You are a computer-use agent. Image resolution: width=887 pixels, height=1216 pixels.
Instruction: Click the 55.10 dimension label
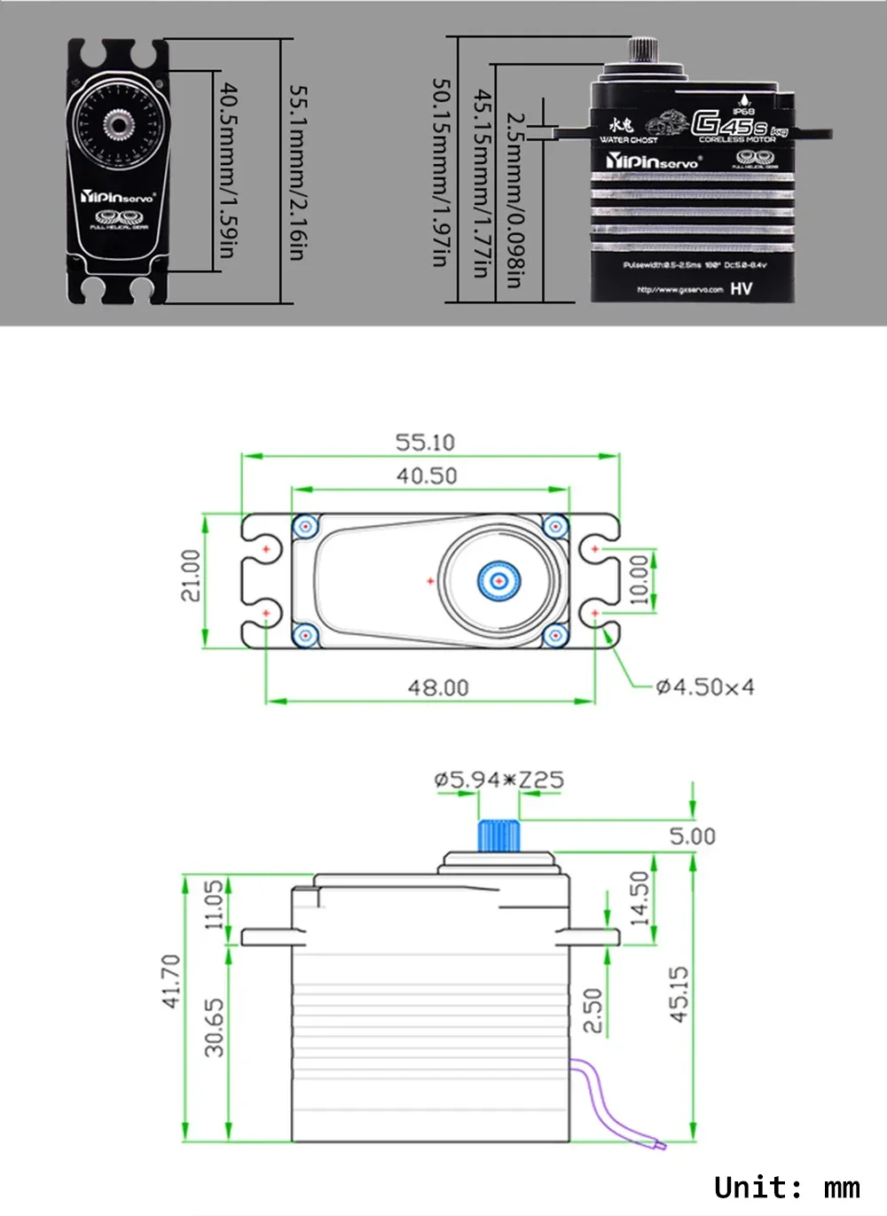click(x=425, y=442)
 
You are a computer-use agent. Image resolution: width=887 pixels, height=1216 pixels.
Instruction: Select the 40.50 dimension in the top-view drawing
click(x=427, y=475)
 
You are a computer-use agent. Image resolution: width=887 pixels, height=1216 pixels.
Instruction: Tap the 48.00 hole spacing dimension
click(x=438, y=687)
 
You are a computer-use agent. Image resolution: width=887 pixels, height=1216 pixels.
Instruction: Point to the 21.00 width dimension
click(x=191, y=575)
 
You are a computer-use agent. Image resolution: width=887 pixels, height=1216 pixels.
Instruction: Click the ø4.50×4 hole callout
click(x=705, y=686)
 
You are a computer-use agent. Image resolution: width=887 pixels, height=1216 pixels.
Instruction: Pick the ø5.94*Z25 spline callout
click(x=498, y=780)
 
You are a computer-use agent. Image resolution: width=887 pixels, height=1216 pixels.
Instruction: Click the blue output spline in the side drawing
click(x=498, y=836)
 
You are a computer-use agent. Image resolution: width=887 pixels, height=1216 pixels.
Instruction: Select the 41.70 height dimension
click(x=171, y=980)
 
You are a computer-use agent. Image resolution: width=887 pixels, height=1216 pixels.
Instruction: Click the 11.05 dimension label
click(x=215, y=905)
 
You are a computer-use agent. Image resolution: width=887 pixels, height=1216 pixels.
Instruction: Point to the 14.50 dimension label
click(x=640, y=898)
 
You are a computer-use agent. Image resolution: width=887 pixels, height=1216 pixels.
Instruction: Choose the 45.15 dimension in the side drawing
click(x=679, y=994)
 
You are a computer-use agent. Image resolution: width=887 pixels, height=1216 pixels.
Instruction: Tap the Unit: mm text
click(x=786, y=1187)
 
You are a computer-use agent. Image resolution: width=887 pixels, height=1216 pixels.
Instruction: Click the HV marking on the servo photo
click(x=742, y=288)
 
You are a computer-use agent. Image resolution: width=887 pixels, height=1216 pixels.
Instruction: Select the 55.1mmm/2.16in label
click(x=298, y=172)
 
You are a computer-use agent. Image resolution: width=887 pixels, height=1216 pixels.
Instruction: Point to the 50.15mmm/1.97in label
click(x=441, y=172)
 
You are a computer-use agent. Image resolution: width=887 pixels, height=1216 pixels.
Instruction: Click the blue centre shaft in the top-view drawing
click(x=499, y=581)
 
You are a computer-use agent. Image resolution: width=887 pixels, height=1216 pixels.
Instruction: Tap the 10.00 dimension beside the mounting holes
click(x=639, y=580)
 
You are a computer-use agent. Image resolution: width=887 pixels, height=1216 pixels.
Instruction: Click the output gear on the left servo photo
click(x=116, y=126)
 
